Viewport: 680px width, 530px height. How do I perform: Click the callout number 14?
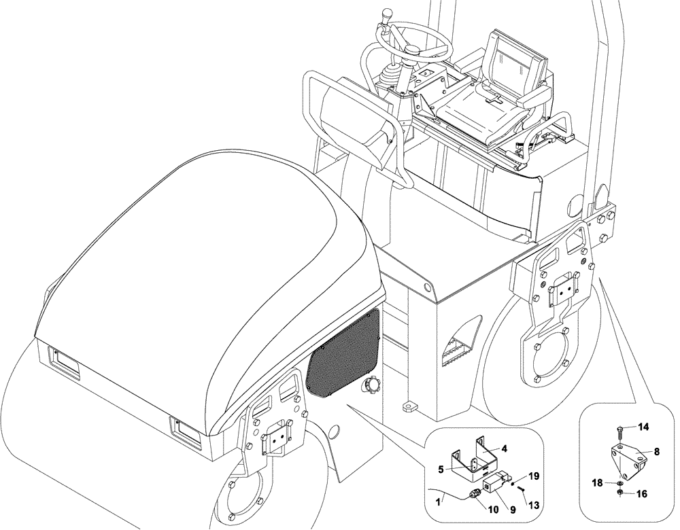[x=643, y=427]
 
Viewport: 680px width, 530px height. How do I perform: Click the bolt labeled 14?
[x=621, y=429]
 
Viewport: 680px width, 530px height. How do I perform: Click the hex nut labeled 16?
[x=620, y=493]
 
